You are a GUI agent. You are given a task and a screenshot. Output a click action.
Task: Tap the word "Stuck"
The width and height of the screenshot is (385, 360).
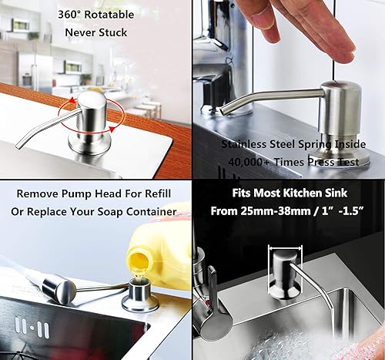[113, 32]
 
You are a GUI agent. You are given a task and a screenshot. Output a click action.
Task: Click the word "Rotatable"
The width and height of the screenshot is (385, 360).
[109, 15]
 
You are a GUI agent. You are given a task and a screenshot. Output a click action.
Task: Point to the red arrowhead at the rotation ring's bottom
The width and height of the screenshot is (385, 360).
[112, 129]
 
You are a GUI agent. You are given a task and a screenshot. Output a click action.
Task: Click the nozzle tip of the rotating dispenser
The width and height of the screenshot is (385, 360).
[18, 146]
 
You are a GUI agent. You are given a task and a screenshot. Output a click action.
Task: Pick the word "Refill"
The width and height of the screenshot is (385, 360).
[158, 193]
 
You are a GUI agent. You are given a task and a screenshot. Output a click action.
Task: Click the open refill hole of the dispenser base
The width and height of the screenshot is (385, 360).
[139, 284]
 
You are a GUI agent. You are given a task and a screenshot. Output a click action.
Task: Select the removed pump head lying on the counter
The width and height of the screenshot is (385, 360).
[59, 288]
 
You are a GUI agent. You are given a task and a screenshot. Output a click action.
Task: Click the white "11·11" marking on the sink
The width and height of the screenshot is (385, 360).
[32, 327]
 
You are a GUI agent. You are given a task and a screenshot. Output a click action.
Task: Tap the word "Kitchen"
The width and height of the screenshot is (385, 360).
[303, 193]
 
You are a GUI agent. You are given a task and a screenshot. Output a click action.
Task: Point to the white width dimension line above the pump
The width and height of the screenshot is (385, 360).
[285, 248]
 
